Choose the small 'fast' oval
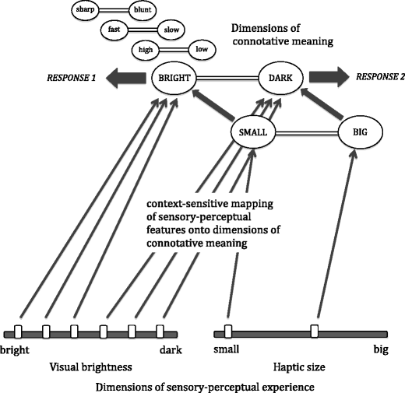(x=114, y=30)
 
